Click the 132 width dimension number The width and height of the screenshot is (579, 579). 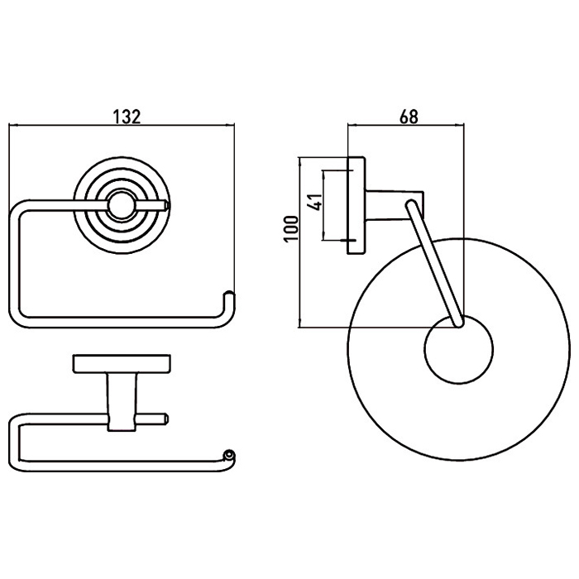pyautogui.click(x=127, y=117)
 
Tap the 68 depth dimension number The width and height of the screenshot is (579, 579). pyautogui.click(x=409, y=117)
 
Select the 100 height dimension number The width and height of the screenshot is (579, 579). pyautogui.click(x=291, y=228)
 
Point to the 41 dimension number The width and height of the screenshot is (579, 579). pyautogui.click(x=315, y=201)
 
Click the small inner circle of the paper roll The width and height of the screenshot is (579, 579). pyautogui.click(x=458, y=349)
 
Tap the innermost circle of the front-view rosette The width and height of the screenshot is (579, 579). pyautogui.click(x=122, y=206)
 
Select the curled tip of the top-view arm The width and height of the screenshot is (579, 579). pyautogui.click(x=229, y=455)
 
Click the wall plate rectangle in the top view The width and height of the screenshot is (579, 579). pyautogui.click(x=122, y=364)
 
